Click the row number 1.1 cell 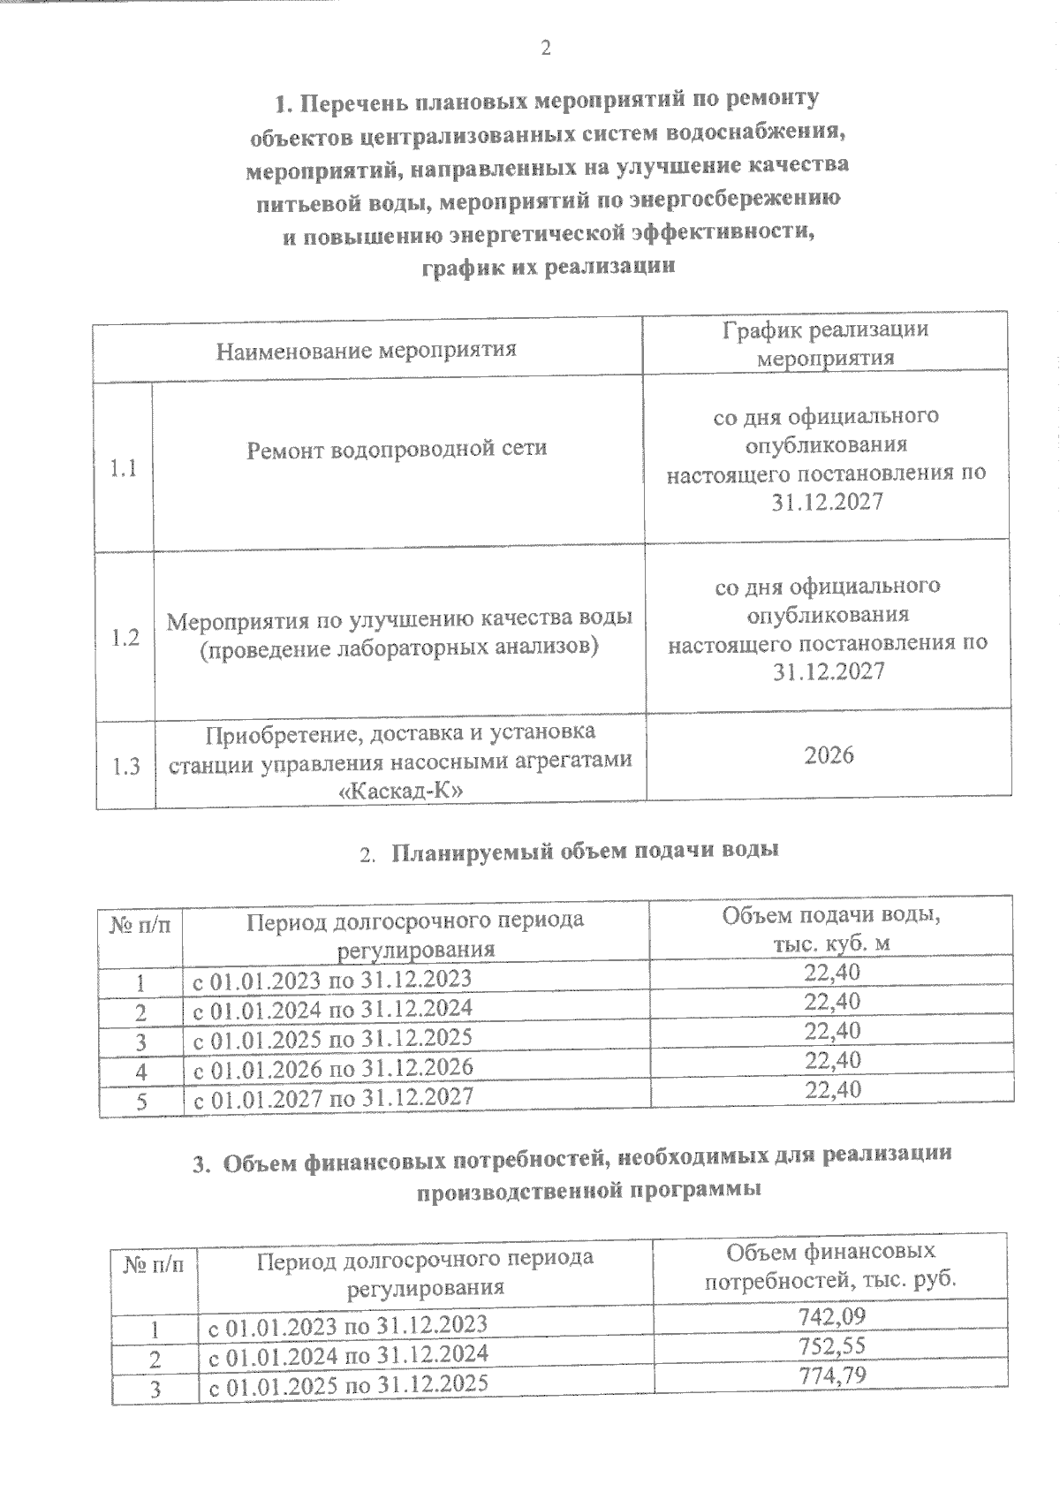pos(124,468)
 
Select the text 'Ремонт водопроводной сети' pos(397,449)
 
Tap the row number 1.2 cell pos(125,638)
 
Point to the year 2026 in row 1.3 pos(829,754)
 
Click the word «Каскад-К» pos(400,791)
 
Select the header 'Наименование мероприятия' pos(367,350)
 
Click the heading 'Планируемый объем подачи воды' pos(585,852)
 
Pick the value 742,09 pos(831,1316)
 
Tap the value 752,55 pos(831,1345)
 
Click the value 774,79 pos(831,1375)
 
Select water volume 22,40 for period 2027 pos(832,1089)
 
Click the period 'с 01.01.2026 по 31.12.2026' pos(333,1067)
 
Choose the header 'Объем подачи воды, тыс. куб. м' pos(830,929)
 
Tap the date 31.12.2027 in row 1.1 pos(827,502)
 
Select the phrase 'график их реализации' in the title pos(548,267)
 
